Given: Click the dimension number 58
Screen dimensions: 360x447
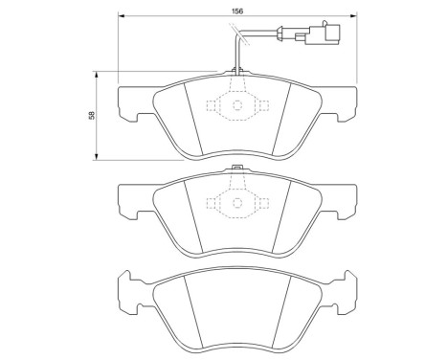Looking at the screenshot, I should [x=89, y=115].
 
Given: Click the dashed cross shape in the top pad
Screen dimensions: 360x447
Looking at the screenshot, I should [x=235, y=106].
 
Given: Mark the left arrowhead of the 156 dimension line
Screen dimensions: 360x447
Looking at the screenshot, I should [x=121, y=16].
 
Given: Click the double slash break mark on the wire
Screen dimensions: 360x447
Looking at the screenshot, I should [x=243, y=39].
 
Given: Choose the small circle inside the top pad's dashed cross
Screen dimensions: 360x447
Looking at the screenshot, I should [x=235, y=106].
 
